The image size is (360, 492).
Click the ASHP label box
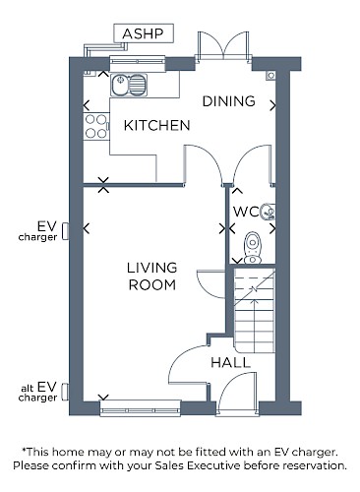click(144, 33)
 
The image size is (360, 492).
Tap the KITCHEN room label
click(157, 125)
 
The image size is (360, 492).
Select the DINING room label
click(229, 101)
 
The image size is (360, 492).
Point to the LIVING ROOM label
click(152, 277)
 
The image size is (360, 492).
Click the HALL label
click(231, 363)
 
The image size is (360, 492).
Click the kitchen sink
click(129, 85)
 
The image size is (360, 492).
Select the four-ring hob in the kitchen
click(96, 126)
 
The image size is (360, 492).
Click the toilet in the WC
click(253, 248)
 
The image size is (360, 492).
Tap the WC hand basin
click(268, 212)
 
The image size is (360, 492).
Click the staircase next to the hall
click(255, 310)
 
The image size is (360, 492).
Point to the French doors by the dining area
click(223, 46)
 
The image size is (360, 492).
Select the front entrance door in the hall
click(237, 396)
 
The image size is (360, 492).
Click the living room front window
click(140, 408)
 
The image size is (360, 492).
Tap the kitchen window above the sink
click(137, 63)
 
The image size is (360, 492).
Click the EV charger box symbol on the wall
click(66, 231)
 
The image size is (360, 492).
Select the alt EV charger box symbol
click(66, 392)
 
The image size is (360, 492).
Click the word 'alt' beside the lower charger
click(27, 388)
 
